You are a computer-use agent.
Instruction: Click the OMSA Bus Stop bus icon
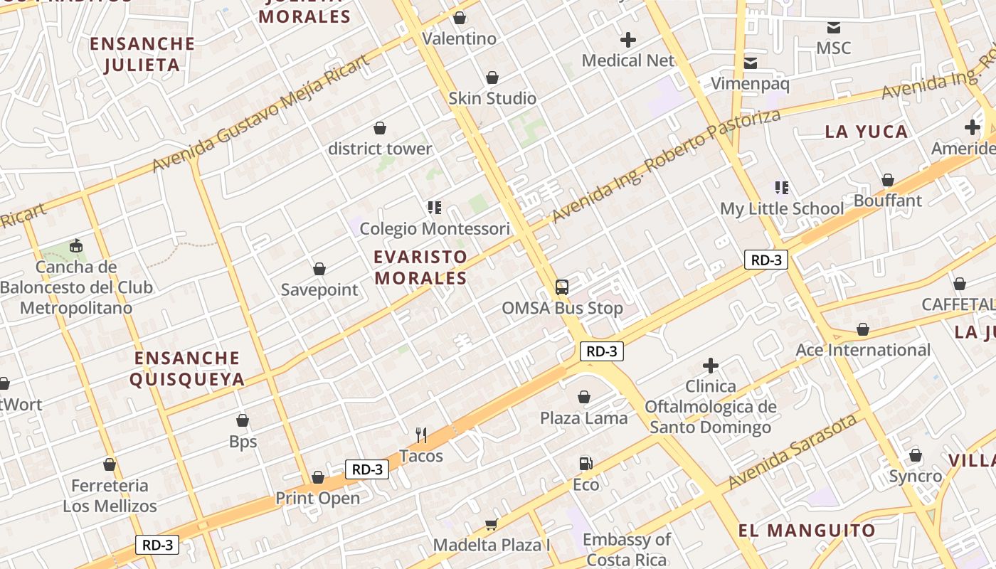(x=562, y=287)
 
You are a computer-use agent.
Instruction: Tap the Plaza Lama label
(x=583, y=418)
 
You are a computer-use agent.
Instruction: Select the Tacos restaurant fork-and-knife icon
(x=421, y=435)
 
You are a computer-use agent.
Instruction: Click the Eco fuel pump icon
(x=586, y=464)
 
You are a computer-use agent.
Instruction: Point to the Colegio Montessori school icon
(x=434, y=208)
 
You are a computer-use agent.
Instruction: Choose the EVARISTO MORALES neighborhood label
(x=421, y=267)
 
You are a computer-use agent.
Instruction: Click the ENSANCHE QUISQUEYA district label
(x=187, y=368)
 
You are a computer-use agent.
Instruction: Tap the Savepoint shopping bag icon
(x=319, y=269)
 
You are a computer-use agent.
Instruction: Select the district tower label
(x=380, y=149)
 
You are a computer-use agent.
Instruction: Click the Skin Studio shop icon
(x=492, y=78)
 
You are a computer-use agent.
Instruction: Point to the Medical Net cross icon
(x=628, y=40)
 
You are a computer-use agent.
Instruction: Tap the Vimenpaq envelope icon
(x=751, y=63)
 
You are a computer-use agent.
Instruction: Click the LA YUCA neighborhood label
(x=866, y=132)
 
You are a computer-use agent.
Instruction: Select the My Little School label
(x=782, y=208)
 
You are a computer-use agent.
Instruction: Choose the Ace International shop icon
(x=863, y=329)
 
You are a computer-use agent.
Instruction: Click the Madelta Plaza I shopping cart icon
(x=491, y=525)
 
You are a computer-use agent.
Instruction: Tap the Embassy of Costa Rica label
(x=627, y=550)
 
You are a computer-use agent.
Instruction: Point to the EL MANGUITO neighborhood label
(x=806, y=531)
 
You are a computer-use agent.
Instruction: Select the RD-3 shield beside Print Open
(x=367, y=469)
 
